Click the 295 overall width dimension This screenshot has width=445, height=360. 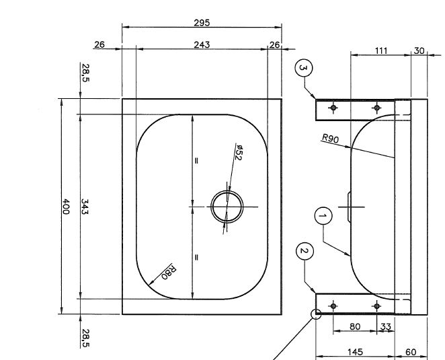[x=202, y=23]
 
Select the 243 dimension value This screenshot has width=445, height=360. [x=202, y=45]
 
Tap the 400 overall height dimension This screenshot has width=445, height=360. [x=66, y=207]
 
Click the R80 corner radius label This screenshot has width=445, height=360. [x=169, y=272]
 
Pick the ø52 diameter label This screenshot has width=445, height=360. [x=239, y=153]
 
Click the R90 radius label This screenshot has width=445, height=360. [x=330, y=139]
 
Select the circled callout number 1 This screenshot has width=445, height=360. [x=323, y=216]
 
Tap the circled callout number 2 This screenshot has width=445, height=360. [x=305, y=251]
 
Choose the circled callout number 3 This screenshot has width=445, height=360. [x=304, y=68]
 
